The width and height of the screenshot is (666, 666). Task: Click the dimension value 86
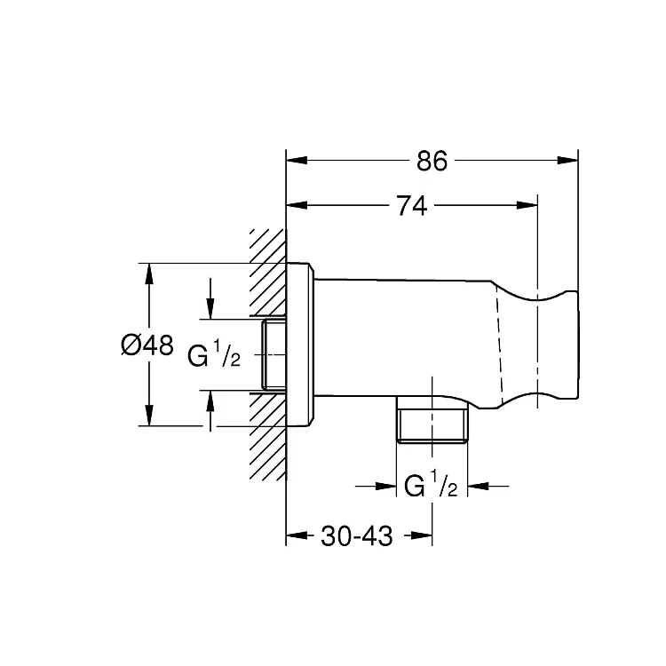coord(432,162)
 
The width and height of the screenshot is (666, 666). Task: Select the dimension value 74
coord(412,206)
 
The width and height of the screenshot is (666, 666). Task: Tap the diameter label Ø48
coord(147,345)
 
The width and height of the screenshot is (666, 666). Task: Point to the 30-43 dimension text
coord(356,536)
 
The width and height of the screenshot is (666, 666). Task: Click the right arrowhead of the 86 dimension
coord(567,161)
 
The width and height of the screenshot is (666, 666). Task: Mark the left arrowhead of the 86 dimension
coord(297,161)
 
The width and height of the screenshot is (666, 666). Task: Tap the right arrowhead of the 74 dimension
coord(527,206)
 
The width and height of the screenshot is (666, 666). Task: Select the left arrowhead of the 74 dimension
coord(297,206)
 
